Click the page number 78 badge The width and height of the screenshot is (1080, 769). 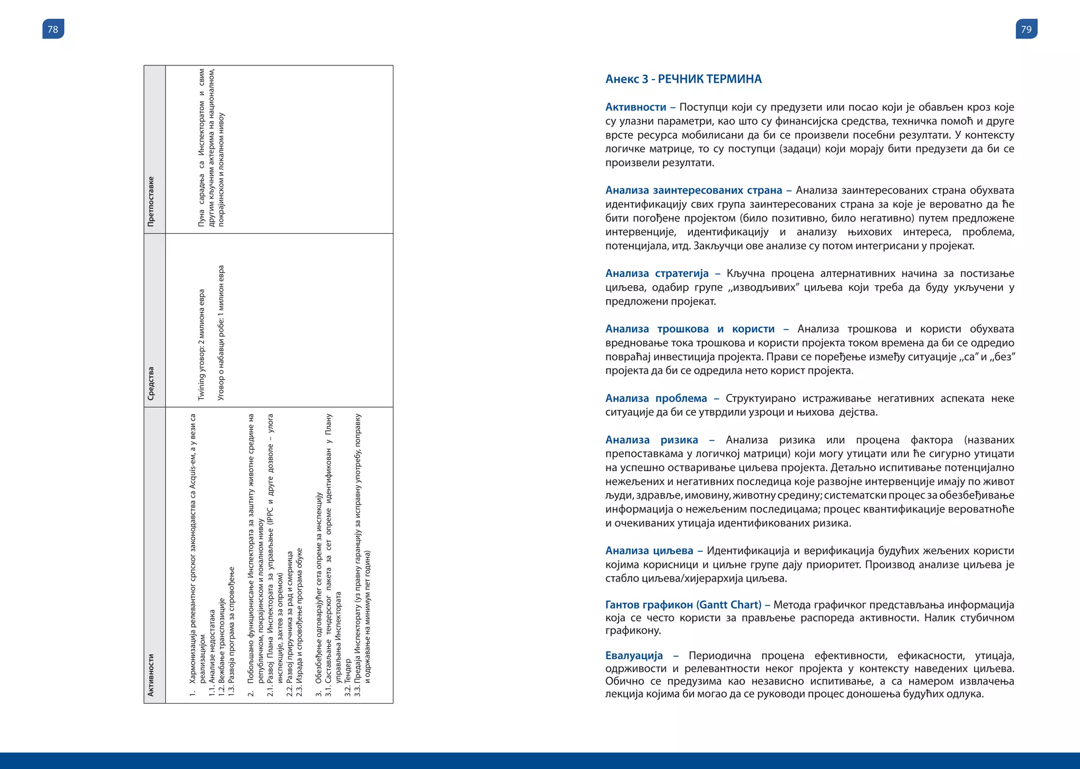[x=53, y=29]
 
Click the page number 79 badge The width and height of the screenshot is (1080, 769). [x=1026, y=29]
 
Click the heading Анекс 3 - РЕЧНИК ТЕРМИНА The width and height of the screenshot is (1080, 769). [x=683, y=79]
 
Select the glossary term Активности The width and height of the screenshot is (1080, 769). [x=635, y=107]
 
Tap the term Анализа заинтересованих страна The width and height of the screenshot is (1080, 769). [x=693, y=190]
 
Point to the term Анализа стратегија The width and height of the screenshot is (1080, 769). [x=657, y=273]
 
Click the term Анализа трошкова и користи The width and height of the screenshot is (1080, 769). [x=690, y=329]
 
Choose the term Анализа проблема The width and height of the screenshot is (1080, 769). [x=655, y=398]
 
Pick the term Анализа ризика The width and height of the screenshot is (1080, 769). [x=651, y=440]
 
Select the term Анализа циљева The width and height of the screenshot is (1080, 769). [x=649, y=551]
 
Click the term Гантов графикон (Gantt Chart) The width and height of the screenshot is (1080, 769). [x=683, y=605]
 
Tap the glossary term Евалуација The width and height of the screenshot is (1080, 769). [x=634, y=656]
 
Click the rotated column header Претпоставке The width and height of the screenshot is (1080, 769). [x=151, y=201]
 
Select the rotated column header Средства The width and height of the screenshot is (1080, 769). [x=151, y=383]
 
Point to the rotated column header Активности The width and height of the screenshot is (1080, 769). [x=151, y=675]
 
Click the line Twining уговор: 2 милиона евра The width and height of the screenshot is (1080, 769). [x=201, y=344]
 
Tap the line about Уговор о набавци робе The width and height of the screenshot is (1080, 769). [x=221, y=332]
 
